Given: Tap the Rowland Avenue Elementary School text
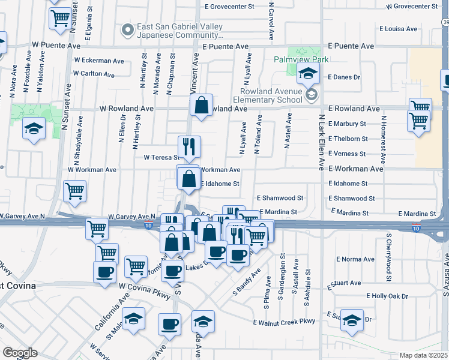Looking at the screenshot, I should click(x=268, y=95).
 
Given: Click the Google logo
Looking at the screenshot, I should click(x=20, y=353).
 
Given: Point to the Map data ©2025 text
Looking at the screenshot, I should click(x=423, y=355).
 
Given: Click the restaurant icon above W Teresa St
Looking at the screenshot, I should click(x=189, y=145).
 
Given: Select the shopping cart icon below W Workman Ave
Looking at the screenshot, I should click(x=74, y=191).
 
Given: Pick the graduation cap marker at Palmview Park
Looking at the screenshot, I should click(x=309, y=74).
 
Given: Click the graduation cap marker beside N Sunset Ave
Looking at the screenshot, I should click(x=34, y=128).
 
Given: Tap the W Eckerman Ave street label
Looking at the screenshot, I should click(x=98, y=60).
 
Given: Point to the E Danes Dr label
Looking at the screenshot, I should click(x=343, y=77).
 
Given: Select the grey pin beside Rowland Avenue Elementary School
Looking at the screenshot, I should click(x=311, y=95).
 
